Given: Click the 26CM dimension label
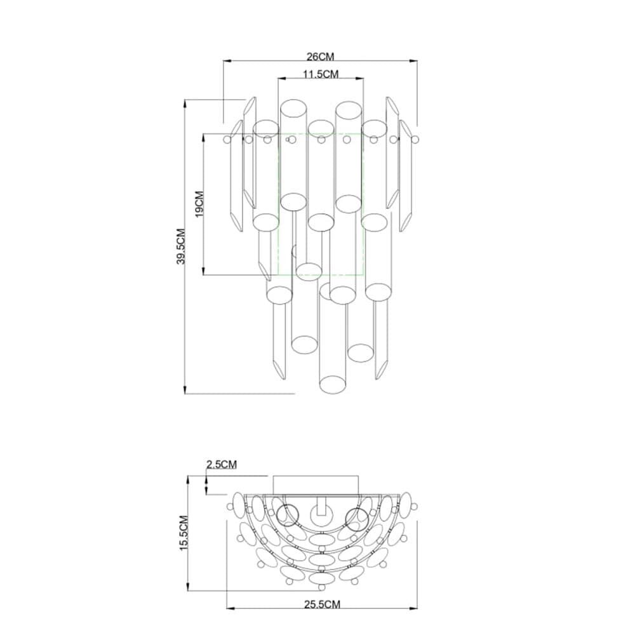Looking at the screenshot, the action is point(320,57).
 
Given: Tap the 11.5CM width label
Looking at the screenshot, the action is point(321,74).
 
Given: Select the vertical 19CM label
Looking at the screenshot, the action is point(199,204).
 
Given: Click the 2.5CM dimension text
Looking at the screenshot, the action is point(221,464).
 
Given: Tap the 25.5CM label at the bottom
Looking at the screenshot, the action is point(322,605).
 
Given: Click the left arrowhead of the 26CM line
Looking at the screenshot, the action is point(227,62).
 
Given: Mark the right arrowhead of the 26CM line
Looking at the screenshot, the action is point(413,62).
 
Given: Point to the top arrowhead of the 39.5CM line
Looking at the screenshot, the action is point(185,103).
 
